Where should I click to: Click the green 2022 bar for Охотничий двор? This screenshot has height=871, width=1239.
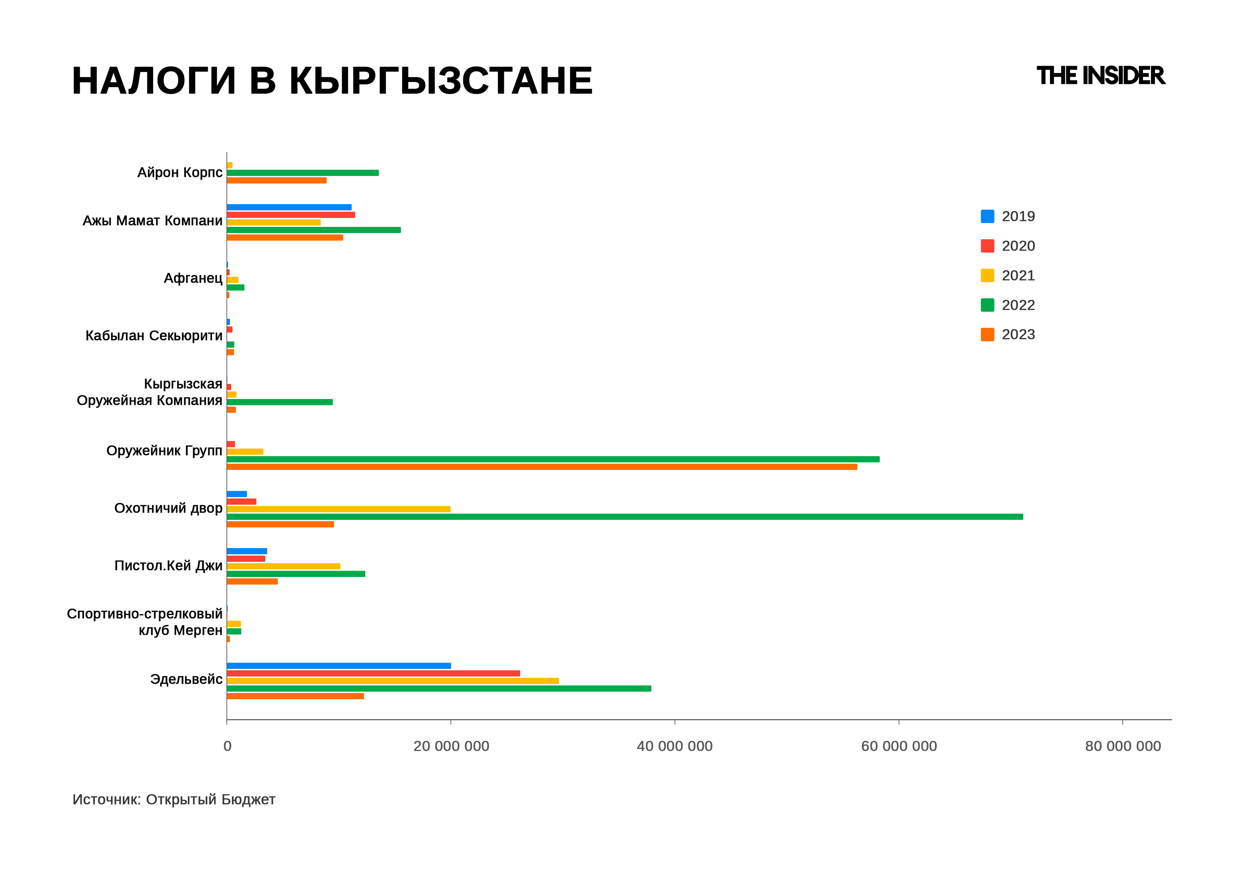tap(624, 516)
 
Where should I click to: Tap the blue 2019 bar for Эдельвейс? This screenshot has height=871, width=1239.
tap(339, 666)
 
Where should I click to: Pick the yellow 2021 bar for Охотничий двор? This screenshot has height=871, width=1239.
tap(339, 509)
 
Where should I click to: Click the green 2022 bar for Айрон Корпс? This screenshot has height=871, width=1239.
tap(303, 173)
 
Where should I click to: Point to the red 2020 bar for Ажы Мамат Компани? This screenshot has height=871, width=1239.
tap(291, 215)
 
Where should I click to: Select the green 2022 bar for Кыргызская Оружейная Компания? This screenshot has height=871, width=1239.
tap(279, 402)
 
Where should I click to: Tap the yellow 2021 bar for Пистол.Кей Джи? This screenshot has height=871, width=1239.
tap(283, 566)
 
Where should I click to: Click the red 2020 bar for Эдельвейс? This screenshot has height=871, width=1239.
tap(373, 673)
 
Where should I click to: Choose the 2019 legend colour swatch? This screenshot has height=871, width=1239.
tap(987, 217)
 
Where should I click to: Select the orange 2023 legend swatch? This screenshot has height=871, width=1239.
tap(987, 335)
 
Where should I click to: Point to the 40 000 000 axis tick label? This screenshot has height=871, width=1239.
tap(675, 746)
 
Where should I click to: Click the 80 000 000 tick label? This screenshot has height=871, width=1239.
tap(1122, 746)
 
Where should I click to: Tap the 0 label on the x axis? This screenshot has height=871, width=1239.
tap(227, 746)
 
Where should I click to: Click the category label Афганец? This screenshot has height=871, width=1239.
tap(193, 279)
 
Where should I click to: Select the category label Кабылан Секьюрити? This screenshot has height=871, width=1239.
tap(154, 336)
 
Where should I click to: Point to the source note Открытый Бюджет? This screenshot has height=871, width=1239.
tap(210, 799)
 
